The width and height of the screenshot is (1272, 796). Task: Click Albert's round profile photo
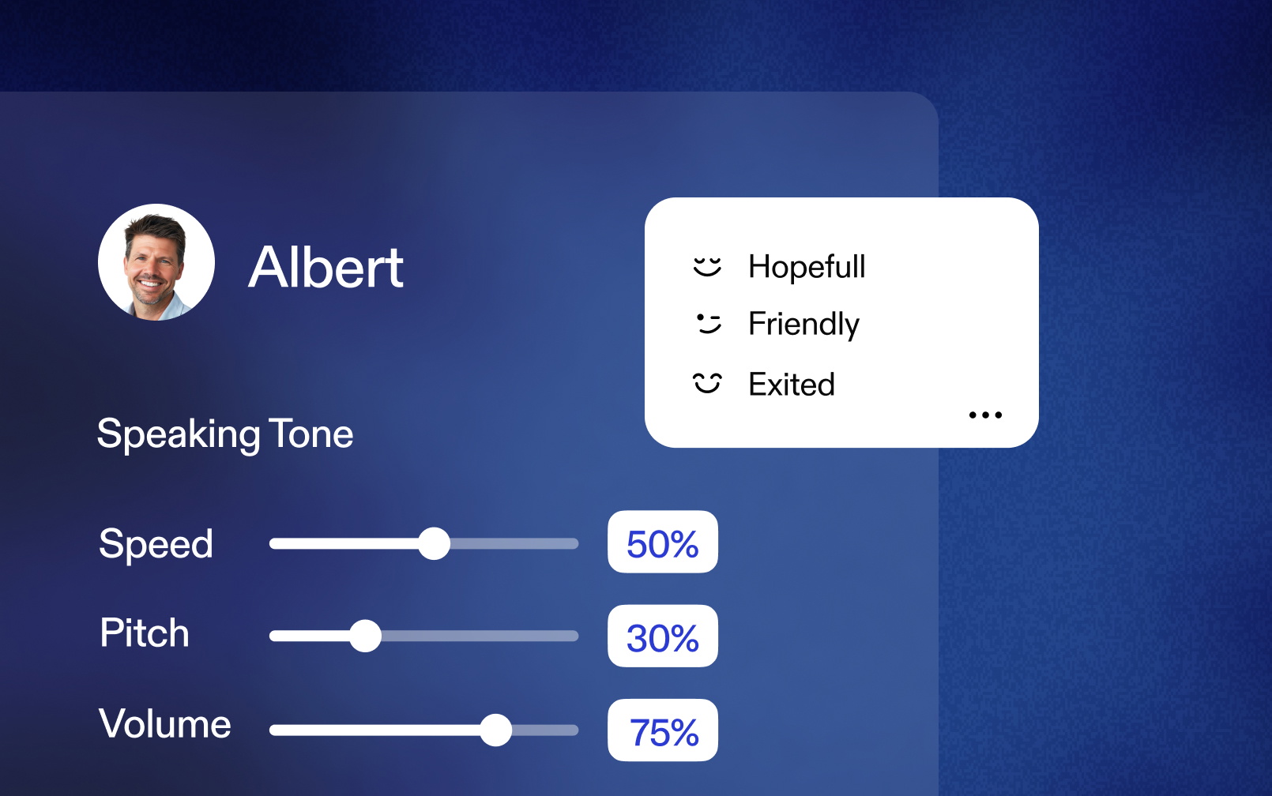click(156, 262)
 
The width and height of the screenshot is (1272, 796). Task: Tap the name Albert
click(326, 267)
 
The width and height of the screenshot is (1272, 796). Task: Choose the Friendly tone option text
click(804, 325)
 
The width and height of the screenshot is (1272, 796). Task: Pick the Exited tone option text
click(792, 385)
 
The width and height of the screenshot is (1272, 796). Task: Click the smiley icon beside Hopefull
click(707, 266)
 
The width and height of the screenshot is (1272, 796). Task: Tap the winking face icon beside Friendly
click(708, 324)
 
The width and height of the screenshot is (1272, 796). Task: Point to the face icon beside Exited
click(707, 383)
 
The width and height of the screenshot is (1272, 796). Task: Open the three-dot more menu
click(985, 415)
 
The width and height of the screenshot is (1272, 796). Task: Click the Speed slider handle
click(434, 543)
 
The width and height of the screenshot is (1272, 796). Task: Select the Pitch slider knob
click(365, 636)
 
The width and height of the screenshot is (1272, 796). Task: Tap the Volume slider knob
click(495, 730)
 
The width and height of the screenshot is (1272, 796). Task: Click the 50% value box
click(663, 542)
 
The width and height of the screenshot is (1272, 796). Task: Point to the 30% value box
click(663, 636)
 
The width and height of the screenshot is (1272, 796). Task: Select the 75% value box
click(663, 730)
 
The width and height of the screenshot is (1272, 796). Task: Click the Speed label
click(156, 544)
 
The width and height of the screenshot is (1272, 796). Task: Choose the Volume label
click(164, 723)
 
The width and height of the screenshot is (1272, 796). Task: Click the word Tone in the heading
click(310, 434)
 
